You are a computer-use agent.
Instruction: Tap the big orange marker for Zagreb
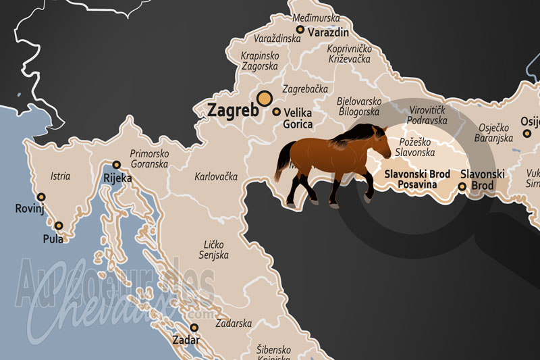(x=265, y=99)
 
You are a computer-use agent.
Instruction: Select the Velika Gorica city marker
(x=277, y=111)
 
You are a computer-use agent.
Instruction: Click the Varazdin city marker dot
(x=300, y=30)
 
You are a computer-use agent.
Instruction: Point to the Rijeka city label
(x=117, y=179)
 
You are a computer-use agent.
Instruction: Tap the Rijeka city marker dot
(x=117, y=165)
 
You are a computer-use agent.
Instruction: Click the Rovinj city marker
(x=41, y=197)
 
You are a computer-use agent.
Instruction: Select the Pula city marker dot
(x=59, y=226)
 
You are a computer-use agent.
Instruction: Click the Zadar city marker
(x=194, y=328)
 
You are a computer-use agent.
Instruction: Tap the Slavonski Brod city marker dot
(x=462, y=186)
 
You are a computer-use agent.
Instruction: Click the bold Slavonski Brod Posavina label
(x=417, y=179)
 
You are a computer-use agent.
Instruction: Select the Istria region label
(x=60, y=176)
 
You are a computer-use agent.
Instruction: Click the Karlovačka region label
(x=216, y=177)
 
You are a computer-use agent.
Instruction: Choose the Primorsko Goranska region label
(x=149, y=159)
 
